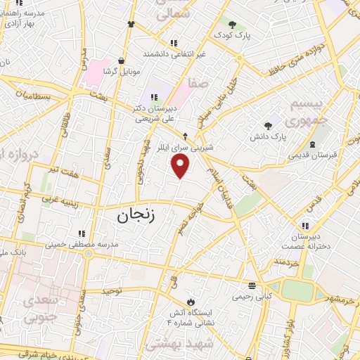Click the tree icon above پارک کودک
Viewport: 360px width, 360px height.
(x=231, y=25)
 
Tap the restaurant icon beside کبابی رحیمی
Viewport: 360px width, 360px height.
(x=252, y=285)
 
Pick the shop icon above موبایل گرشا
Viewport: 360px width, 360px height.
(x=123, y=60)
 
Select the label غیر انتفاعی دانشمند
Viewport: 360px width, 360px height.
(x=174, y=53)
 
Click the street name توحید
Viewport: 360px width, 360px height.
(x=112, y=290)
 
